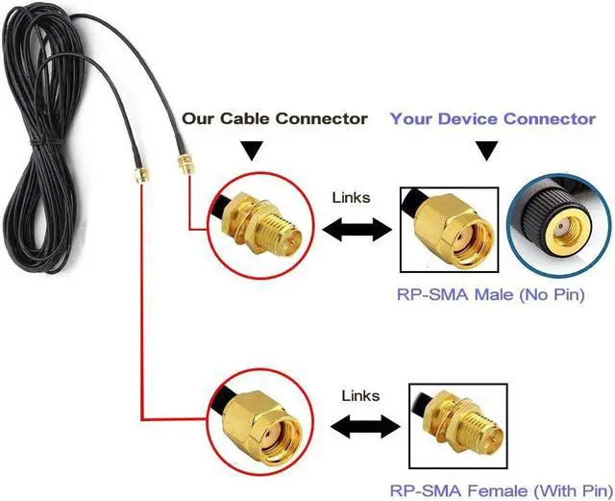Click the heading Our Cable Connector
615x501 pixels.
(275, 118)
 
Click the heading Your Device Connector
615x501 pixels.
(493, 118)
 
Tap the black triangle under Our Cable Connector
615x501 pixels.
(252, 150)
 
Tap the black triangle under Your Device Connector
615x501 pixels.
(487, 151)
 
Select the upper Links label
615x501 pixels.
(351, 197)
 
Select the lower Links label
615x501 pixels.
(360, 395)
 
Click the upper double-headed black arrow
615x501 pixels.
(357, 230)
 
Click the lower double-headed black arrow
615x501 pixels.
(365, 426)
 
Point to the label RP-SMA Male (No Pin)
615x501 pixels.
(491, 294)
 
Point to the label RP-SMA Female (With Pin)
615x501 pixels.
(502, 490)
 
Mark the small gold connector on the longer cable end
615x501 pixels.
(185, 164)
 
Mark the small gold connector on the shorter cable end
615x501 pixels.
(141, 175)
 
